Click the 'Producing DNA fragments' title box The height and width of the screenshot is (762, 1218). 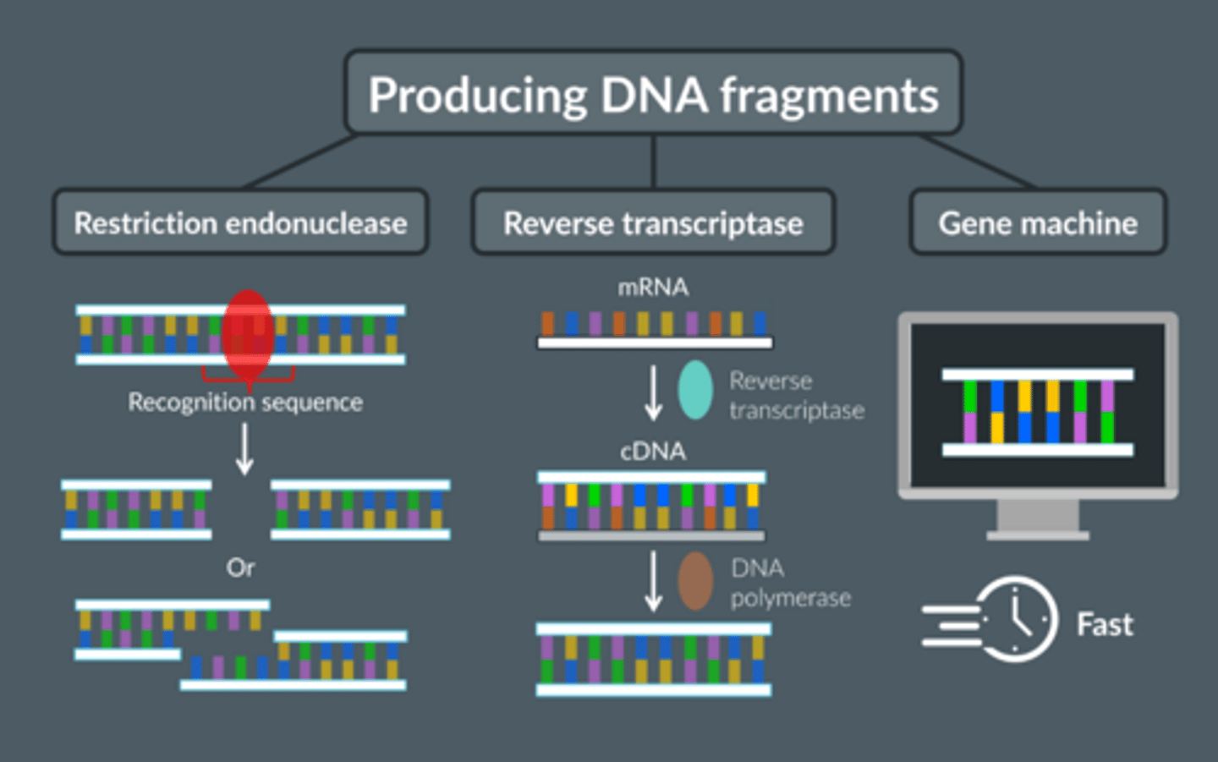pos(652,93)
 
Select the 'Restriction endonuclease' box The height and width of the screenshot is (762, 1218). pos(240,222)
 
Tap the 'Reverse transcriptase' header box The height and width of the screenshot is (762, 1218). pos(653,222)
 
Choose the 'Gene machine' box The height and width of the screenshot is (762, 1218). pos(1038,222)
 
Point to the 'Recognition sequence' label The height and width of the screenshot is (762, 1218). pos(245,402)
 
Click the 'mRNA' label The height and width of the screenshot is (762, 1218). pos(653,288)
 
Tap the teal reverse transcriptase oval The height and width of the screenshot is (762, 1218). pos(695,390)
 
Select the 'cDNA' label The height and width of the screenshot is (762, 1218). pos(653,452)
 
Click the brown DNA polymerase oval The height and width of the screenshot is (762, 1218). pos(695,582)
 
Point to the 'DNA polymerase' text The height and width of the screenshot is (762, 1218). pos(790,583)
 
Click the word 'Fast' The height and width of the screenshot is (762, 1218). pos(1104,624)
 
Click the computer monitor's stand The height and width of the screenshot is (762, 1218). pos(1038,520)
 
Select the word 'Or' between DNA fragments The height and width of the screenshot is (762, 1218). pos(240,567)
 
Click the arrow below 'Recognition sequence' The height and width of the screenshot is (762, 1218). pos(244,448)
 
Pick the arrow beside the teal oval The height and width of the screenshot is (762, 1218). pos(653,392)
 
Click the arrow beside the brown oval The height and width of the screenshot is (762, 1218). pos(653,582)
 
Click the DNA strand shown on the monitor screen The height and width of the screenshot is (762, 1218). pos(1038,412)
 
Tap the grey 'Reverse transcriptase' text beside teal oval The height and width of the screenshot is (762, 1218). pos(796,395)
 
